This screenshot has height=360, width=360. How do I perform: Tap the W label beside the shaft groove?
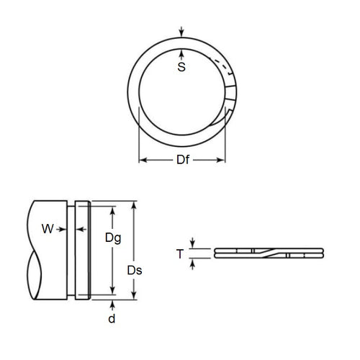(x=48, y=230)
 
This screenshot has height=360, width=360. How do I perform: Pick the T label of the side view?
(x=181, y=253)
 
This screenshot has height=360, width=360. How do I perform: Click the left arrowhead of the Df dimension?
(x=142, y=160)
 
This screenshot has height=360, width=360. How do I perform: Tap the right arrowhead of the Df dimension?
(x=224, y=160)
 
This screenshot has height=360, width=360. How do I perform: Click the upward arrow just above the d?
(x=111, y=302)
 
